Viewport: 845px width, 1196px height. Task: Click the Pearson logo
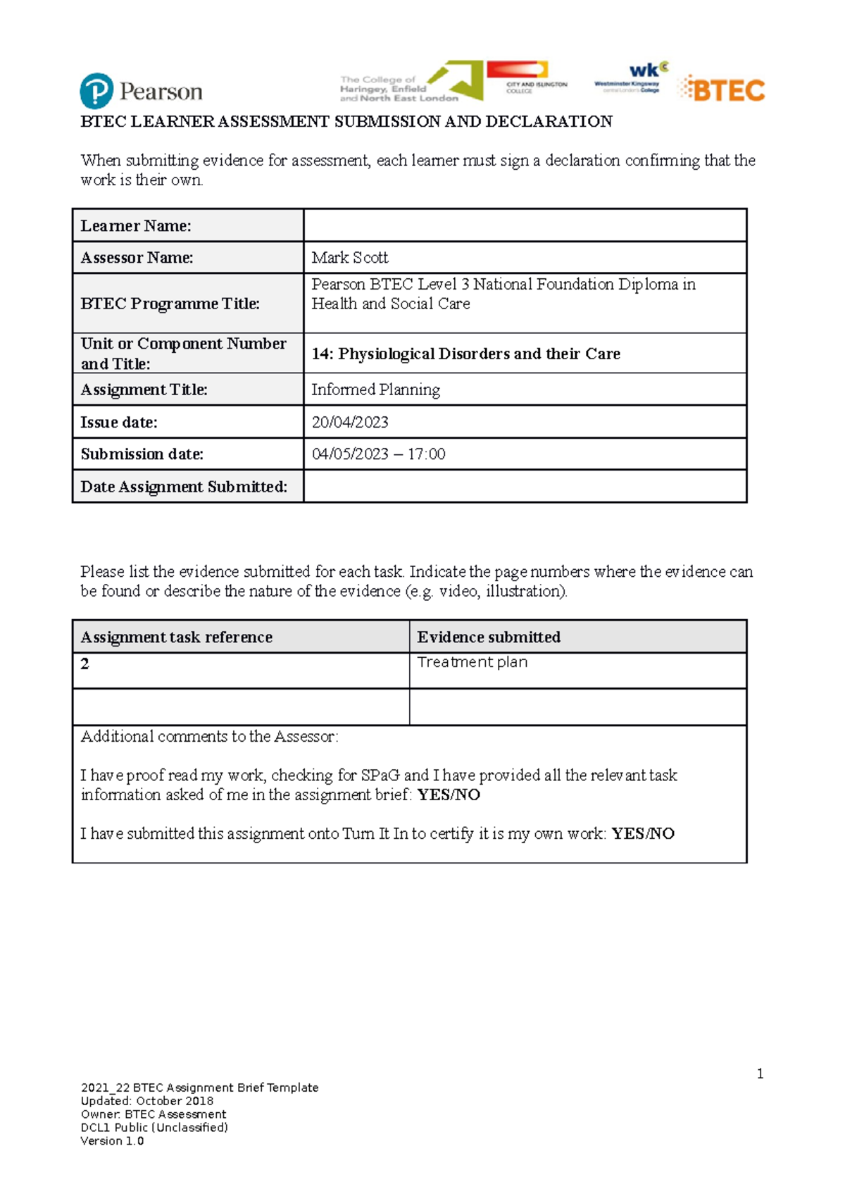[x=141, y=91]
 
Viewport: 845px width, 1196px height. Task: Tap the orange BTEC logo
[x=722, y=89]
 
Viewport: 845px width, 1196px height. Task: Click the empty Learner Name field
[x=525, y=225]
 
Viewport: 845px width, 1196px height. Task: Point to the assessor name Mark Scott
[x=350, y=258]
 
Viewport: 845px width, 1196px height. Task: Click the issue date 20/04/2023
[x=350, y=422]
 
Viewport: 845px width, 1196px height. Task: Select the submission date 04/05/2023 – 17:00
[x=378, y=454]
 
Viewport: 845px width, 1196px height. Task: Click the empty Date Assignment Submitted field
[x=525, y=487]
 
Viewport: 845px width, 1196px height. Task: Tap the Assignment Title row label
[x=144, y=390]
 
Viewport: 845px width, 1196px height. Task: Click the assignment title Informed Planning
[x=375, y=390]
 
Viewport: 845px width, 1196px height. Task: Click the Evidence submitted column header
[x=489, y=637]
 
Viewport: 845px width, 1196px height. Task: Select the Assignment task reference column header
[x=176, y=637]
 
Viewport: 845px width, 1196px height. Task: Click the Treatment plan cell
[x=472, y=662]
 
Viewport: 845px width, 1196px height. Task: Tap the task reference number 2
[x=85, y=664]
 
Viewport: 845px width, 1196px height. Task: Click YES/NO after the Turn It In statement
[x=643, y=834]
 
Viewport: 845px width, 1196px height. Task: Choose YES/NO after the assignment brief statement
[x=449, y=795]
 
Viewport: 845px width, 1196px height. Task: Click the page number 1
[x=760, y=1074]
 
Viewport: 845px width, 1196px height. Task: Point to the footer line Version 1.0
[x=112, y=1141]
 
